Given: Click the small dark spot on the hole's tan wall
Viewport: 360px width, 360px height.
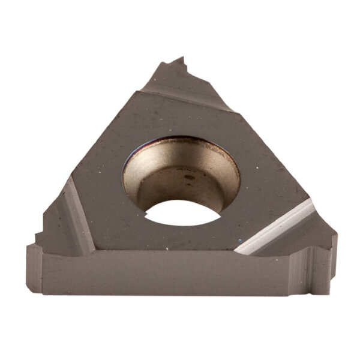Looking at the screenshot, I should [x=187, y=178].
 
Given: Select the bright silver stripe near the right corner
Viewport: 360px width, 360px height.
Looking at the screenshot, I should [x=276, y=225].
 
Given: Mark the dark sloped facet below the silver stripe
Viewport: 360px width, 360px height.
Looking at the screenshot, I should [x=288, y=240].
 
